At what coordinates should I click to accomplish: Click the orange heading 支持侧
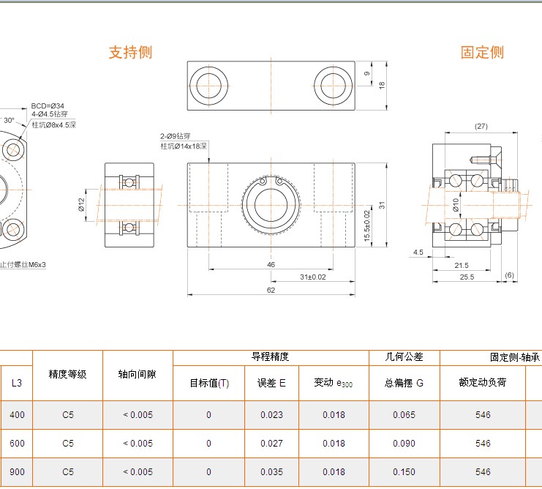pyautogui.click(x=130, y=53)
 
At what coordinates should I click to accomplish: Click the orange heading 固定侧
pyautogui.click(x=482, y=53)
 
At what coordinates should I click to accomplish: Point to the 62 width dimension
pyautogui.click(x=271, y=291)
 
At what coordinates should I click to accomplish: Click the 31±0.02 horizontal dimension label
pyautogui.click(x=312, y=276)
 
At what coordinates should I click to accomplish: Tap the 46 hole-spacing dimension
pyautogui.click(x=271, y=264)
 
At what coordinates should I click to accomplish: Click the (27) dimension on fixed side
pyautogui.click(x=481, y=127)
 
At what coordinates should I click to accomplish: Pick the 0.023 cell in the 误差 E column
pyautogui.click(x=272, y=415)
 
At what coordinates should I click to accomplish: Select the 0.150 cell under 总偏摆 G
pyautogui.click(x=404, y=472)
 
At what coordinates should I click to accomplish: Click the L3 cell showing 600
pyautogui.click(x=17, y=444)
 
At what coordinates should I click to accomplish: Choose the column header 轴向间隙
pyautogui.click(x=138, y=374)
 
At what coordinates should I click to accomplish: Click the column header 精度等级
pyautogui.click(x=68, y=374)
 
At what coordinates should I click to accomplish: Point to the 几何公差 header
pyautogui.click(x=404, y=357)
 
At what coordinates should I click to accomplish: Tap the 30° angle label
pyautogui.click(x=9, y=120)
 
